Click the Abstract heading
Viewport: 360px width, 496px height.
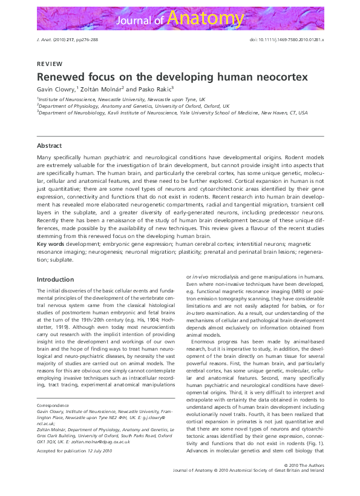[x=49, y=146]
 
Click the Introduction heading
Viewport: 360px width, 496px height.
[x=56, y=280]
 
